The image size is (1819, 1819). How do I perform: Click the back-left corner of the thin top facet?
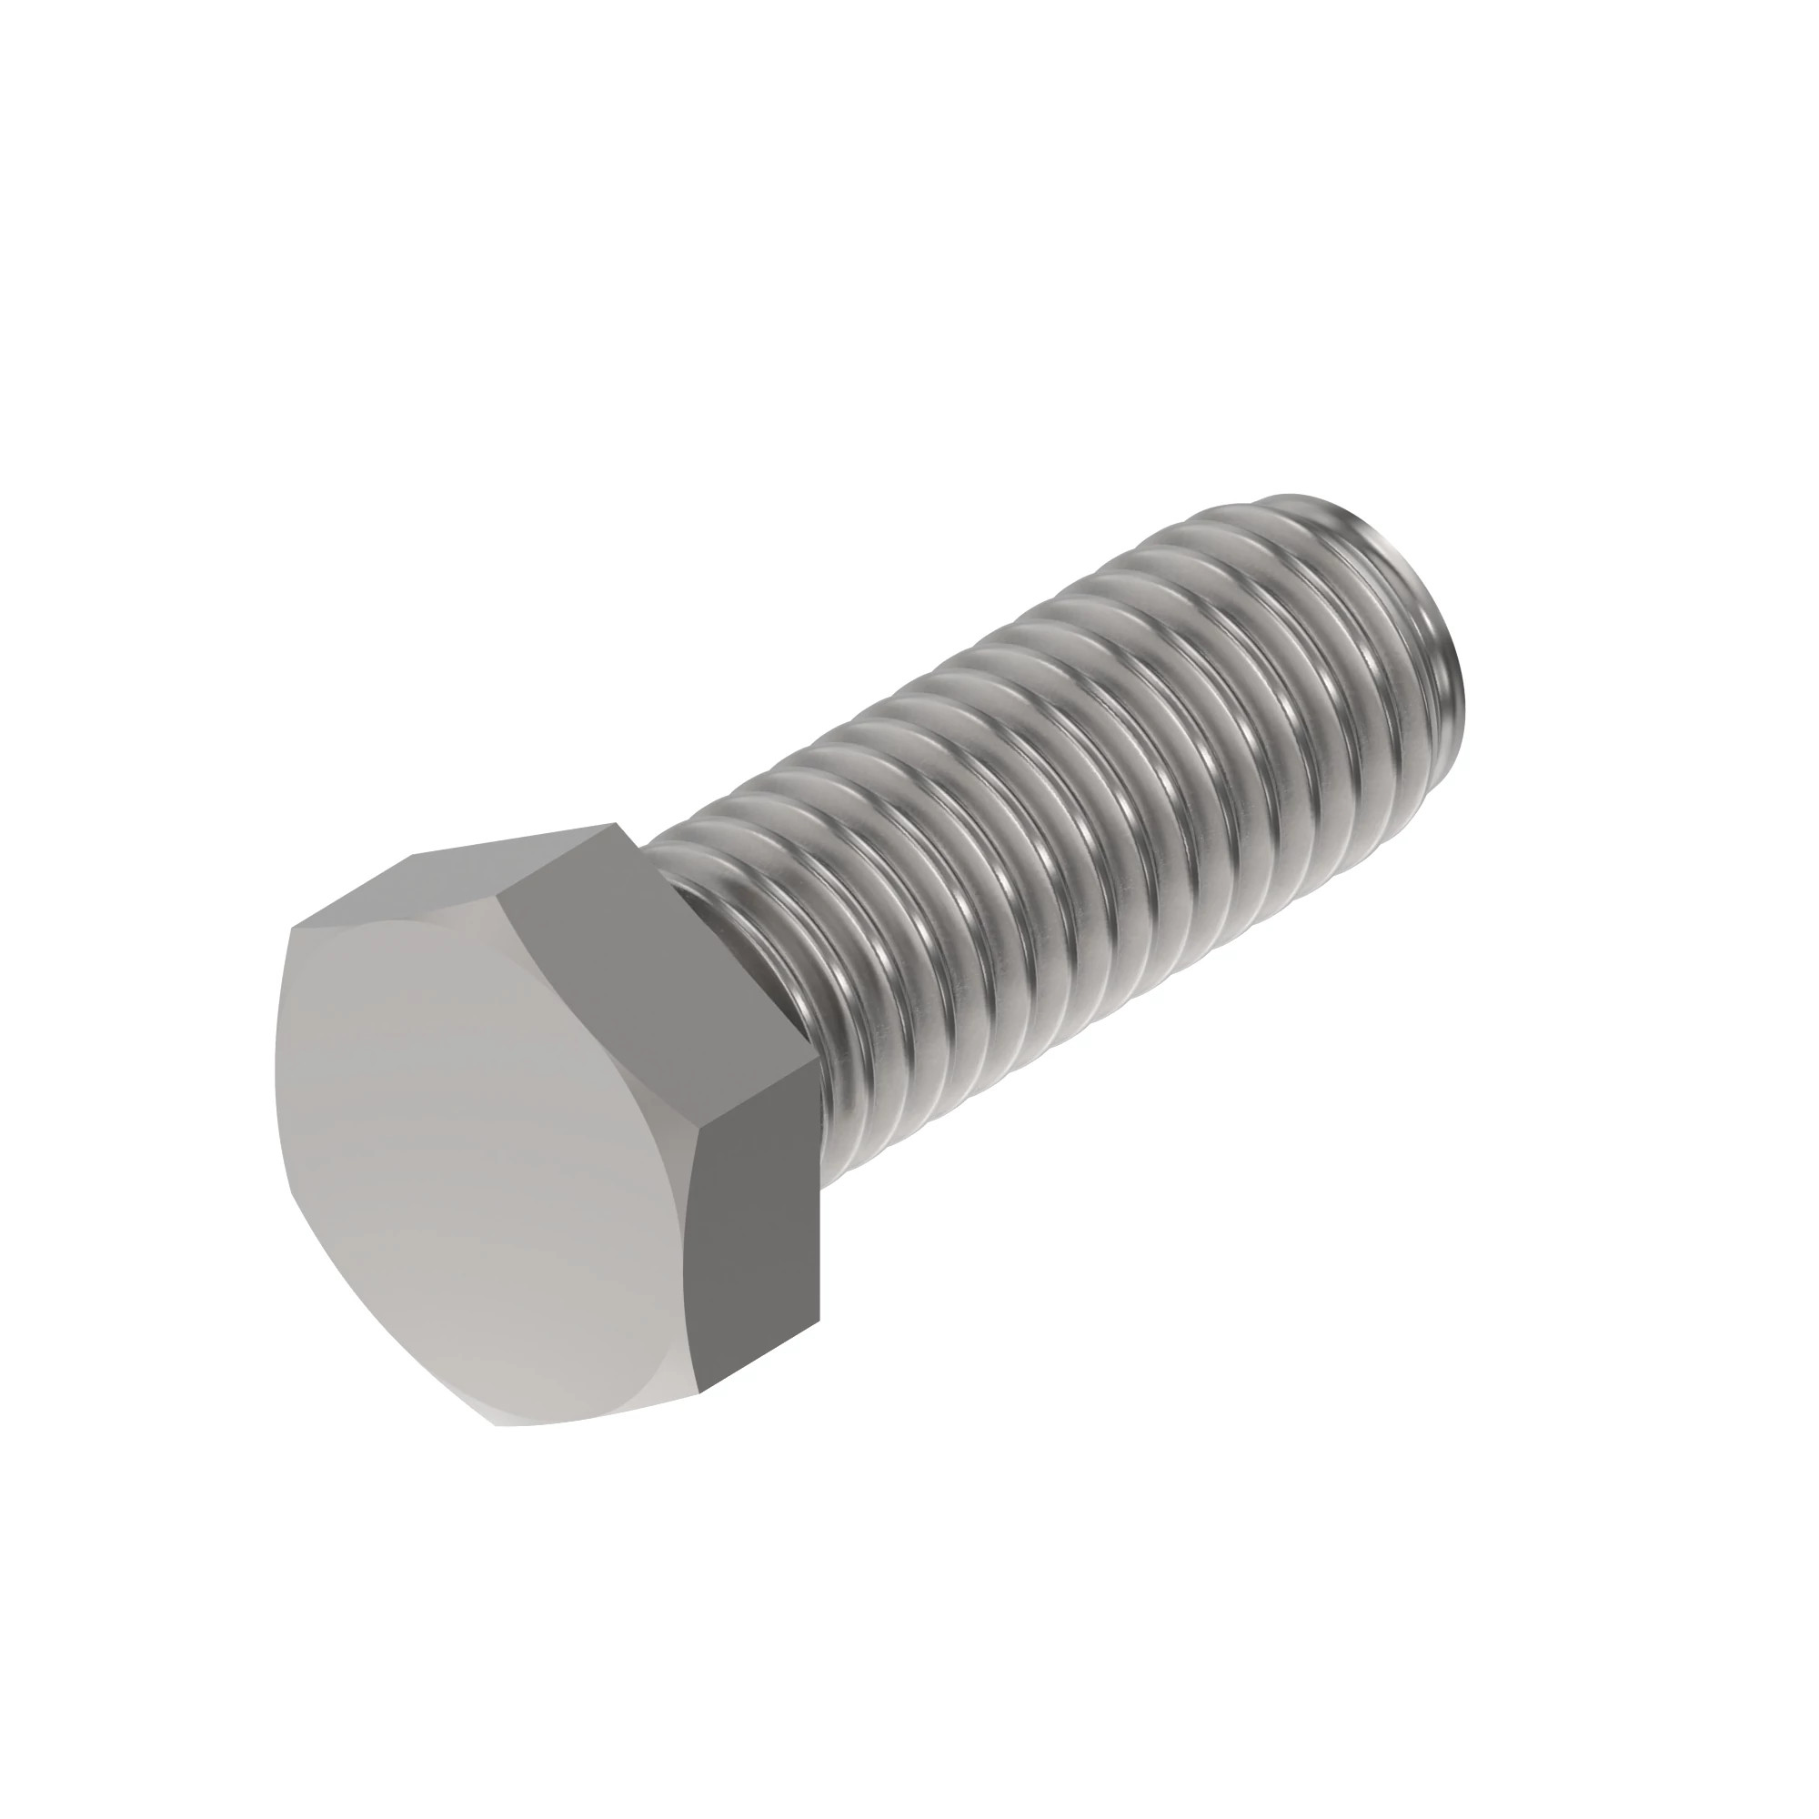pyautogui.click(x=410, y=857)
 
